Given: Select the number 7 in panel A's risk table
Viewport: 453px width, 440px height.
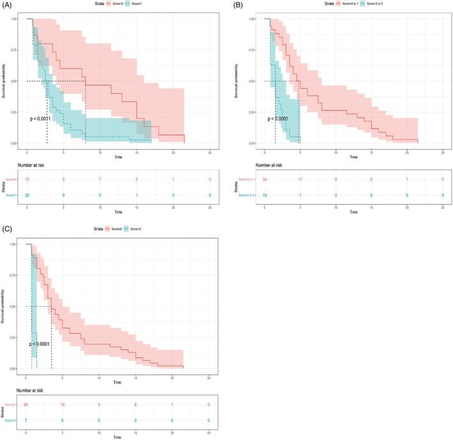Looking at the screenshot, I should [100, 181].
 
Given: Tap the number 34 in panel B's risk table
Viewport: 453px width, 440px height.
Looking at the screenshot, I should [265, 181].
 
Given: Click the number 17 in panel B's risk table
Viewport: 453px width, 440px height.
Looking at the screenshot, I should [300, 181].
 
